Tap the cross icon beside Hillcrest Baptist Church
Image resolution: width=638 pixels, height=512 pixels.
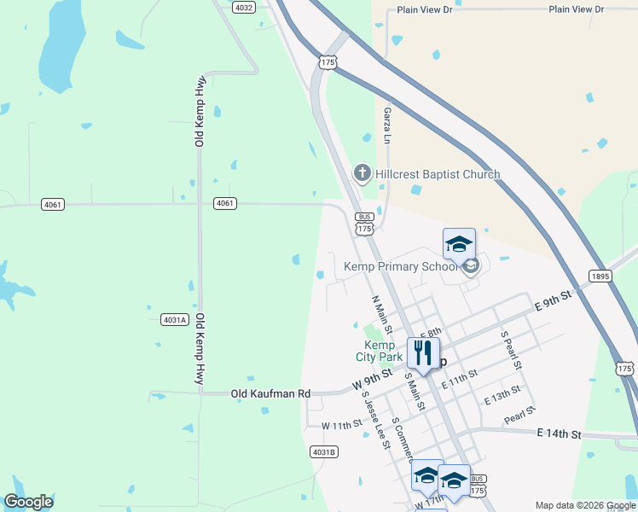pyautogui.click(x=362, y=174)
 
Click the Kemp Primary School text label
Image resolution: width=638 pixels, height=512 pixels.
pyautogui.click(x=401, y=266)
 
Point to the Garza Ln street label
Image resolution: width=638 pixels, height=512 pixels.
pyautogui.click(x=387, y=125)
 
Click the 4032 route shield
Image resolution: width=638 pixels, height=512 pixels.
pyautogui.click(x=244, y=7)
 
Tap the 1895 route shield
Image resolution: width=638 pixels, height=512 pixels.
pyautogui.click(x=600, y=276)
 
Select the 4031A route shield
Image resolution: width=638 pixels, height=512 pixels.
pyautogui.click(x=174, y=320)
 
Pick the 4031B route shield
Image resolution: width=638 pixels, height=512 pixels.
pyautogui.click(x=324, y=451)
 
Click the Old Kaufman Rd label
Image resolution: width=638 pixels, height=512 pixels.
pyautogui.click(x=270, y=394)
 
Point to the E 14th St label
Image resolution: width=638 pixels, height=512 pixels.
pyautogui.click(x=559, y=434)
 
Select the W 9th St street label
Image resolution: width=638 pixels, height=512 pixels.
pyautogui.click(x=372, y=380)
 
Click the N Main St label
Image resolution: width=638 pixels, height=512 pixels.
pyautogui.click(x=381, y=315)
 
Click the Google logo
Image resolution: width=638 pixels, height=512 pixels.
pyautogui.click(x=28, y=502)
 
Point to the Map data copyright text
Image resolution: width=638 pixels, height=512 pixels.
pyautogui.click(x=586, y=505)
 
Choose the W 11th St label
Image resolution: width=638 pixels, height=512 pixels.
pyautogui.click(x=342, y=425)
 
